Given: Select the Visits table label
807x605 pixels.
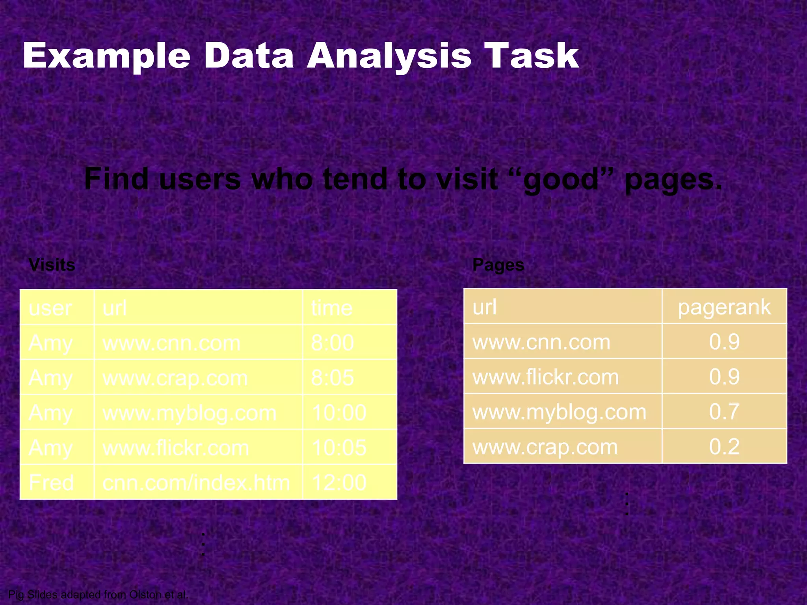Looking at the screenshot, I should point(52,265).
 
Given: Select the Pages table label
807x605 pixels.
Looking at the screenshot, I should point(498,265).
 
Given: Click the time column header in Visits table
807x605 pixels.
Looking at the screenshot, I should point(332,308).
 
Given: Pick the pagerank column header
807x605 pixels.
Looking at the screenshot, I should point(724,307).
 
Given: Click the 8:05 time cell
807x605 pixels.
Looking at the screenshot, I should point(333,378).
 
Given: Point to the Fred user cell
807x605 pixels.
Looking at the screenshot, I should point(51,483).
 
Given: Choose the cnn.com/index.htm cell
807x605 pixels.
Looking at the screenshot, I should point(196,483).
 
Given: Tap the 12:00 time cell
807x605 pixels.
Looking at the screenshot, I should point(339,483).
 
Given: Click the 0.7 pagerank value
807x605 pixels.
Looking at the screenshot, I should point(724,412).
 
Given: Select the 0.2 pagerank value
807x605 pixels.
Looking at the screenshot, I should point(724,447).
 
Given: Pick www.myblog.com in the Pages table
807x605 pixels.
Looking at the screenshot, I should point(559,412).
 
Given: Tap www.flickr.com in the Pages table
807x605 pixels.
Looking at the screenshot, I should point(545,377).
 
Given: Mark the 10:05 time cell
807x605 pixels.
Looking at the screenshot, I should point(339,448).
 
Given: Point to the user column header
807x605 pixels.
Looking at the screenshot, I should point(50,308).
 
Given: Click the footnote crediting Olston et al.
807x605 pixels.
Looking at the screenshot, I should point(98,594).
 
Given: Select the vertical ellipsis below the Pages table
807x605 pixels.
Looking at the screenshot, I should point(627,504).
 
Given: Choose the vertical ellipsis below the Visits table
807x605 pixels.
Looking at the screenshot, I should point(203,544).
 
